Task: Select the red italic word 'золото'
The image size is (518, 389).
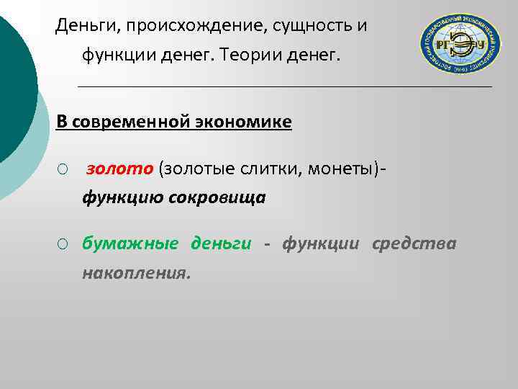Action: pyautogui.click(x=119, y=169)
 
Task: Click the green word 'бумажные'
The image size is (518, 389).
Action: pyautogui.click(x=129, y=243)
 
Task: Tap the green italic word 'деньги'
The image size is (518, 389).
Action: pyautogui.click(x=220, y=243)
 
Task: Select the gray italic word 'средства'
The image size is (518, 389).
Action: pyautogui.click(x=414, y=243)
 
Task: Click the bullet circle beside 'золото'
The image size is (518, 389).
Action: pyautogui.click(x=63, y=169)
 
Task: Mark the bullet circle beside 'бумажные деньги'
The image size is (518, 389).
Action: pyautogui.click(x=63, y=244)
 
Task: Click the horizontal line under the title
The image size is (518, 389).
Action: pyautogui.click(x=284, y=86)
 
